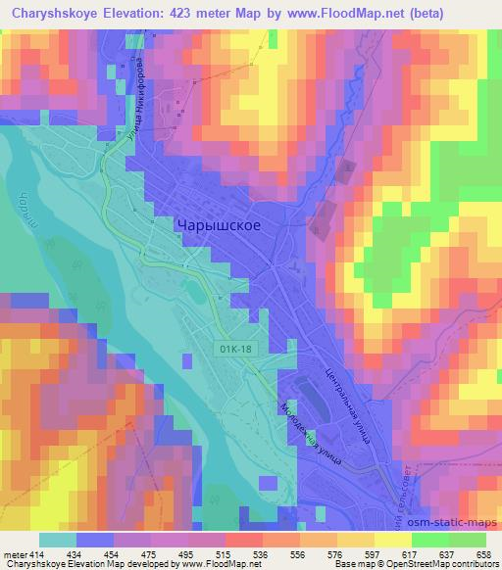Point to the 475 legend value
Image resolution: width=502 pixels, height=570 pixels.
point(158,553)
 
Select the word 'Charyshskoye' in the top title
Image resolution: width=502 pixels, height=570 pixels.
point(50,14)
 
